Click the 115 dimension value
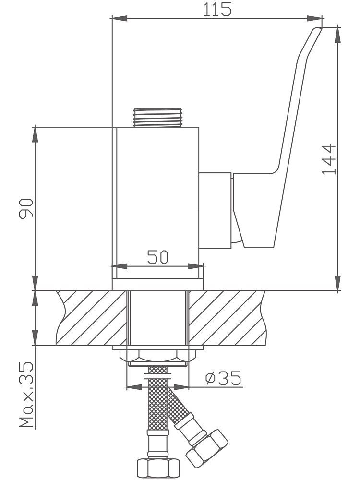click(217, 9)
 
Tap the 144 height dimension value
click(329, 159)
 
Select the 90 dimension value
click(26, 208)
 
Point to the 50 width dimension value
click(157, 257)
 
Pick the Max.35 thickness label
click(26, 395)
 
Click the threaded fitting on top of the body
click(157, 117)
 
